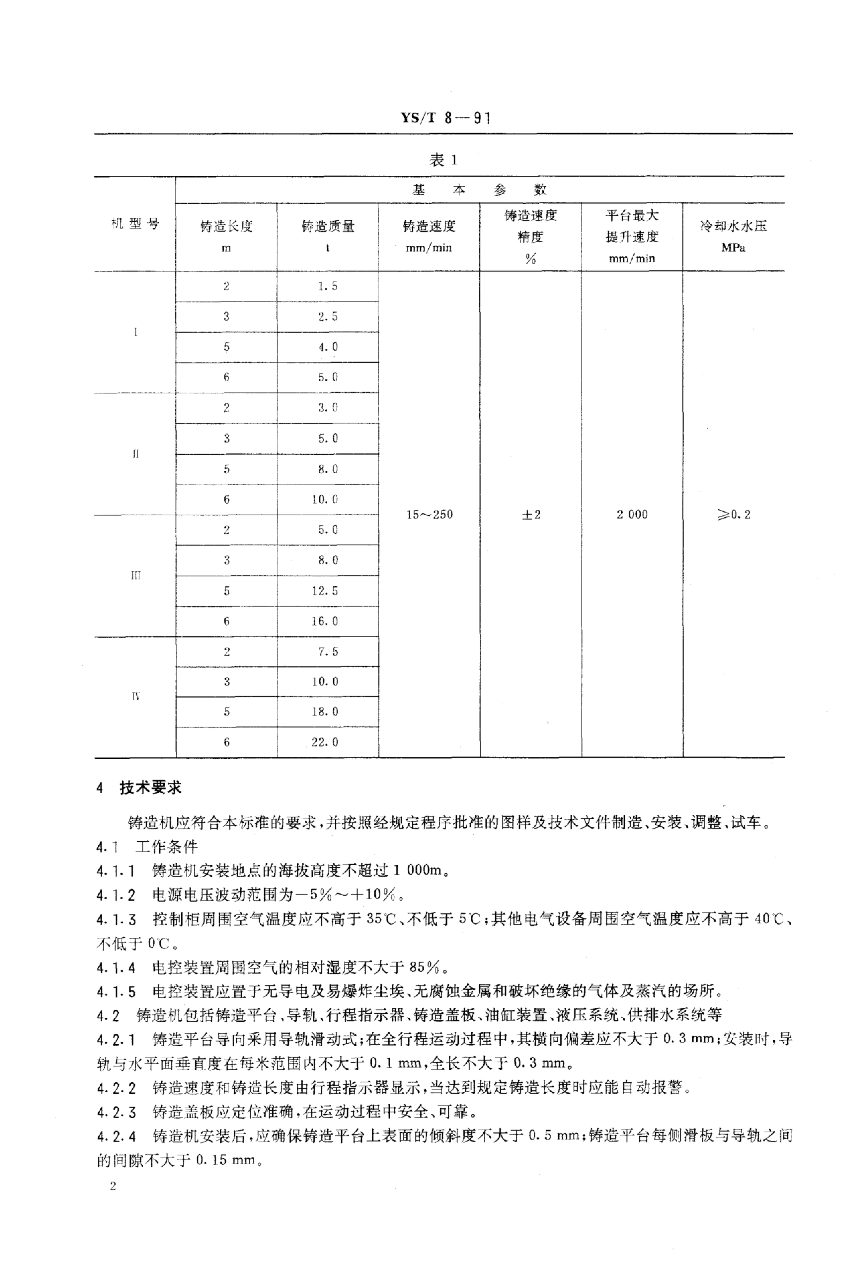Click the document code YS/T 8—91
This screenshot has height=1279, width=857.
[x=446, y=118]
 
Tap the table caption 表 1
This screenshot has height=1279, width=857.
[x=443, y=161]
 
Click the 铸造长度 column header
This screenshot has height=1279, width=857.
[x=226, y=226]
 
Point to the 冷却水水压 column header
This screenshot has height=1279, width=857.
[x=734, y=226]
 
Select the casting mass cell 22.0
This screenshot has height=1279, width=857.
[x=325, y=742]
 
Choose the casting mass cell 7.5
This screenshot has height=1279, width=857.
[x=328, y=652]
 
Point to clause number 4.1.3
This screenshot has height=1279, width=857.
[x=116, y=920]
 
